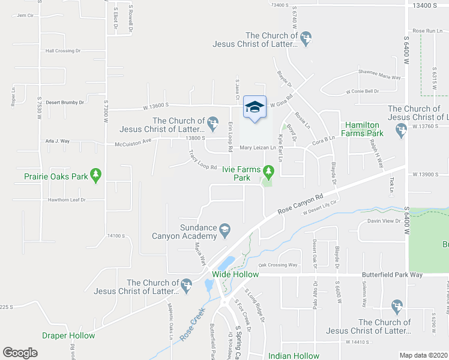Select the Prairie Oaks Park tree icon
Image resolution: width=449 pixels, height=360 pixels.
[95, 175]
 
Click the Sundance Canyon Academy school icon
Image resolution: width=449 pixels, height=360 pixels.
[224, 228]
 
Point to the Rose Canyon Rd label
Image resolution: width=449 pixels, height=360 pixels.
[300, 204]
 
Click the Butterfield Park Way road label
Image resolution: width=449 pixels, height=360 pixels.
[392, 275]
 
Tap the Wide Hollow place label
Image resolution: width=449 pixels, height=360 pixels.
[235, 274]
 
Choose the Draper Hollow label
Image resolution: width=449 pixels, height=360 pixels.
[68, 335]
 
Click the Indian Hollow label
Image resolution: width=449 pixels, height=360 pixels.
[294, 356]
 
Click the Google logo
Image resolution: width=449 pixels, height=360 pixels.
[20, 353]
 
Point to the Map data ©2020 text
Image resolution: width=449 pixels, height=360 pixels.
[424, 355]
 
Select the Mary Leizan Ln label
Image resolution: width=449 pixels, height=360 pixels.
[258, 148]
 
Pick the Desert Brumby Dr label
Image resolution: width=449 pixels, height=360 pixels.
[65, 103]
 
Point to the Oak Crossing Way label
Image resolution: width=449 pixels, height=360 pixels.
[278, 265]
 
